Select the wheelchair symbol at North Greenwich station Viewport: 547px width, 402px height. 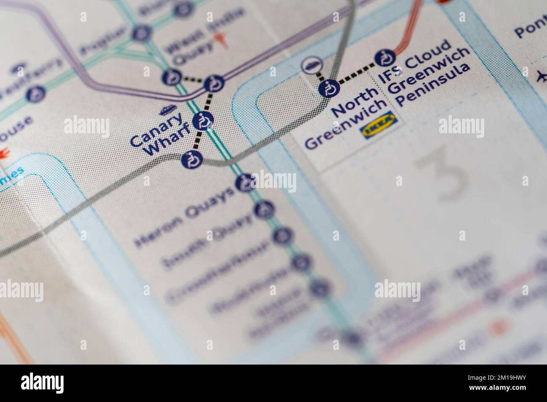tap(329, 89)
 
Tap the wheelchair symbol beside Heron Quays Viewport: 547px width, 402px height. tap(244, 182)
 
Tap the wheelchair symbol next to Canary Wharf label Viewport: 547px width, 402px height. tap(203, 122)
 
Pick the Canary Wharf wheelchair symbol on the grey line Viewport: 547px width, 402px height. tap(191, 160)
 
